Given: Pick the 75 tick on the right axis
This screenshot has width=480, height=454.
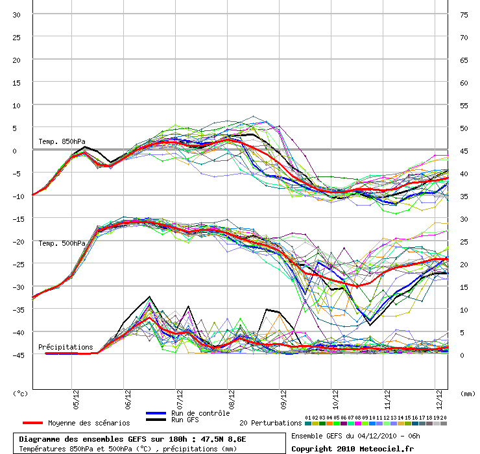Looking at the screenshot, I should [x=464, y=15].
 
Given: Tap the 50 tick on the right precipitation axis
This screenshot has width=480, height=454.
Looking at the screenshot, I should [x=464, y=128].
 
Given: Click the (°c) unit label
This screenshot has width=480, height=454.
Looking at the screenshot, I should [x=21, y=393].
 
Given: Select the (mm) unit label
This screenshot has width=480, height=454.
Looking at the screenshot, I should [x=468, y=393].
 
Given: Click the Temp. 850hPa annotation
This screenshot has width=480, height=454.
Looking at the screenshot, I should [x=62, y=142].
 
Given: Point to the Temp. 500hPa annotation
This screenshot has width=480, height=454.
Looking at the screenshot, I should [x=62, y=243].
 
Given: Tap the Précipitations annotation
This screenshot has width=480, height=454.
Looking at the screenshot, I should [x=66, y=348].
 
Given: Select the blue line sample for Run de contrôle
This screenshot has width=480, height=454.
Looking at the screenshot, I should [x=156, y=413].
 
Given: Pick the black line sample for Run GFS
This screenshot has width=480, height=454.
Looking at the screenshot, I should [x=156, y=420].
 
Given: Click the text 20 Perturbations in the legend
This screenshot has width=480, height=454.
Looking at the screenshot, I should [x=270, y=423].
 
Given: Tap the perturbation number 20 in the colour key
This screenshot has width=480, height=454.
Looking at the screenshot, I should [x=444, y=418].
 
